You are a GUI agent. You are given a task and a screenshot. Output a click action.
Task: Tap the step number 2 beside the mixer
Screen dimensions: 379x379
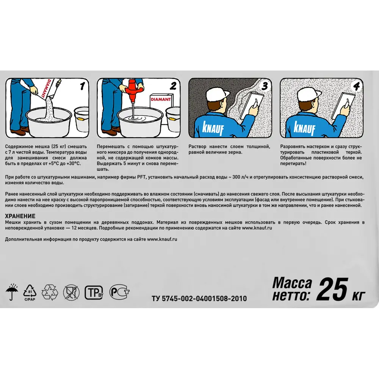[173, 86]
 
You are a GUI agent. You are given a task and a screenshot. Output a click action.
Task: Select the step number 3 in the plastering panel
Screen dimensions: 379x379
[265, 86]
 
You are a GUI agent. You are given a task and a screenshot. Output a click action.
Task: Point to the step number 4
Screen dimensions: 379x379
[356, 86]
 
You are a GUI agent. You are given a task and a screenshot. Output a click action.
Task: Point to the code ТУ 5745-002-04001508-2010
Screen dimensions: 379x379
[199, 299]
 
